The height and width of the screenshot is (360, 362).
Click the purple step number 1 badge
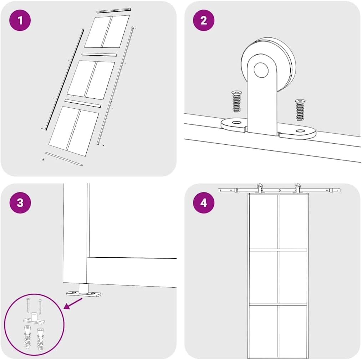(x=20, y=20)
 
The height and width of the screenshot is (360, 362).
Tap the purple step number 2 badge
(x=204, y=20)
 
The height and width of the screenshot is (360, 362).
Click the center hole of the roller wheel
(x=261, y=70)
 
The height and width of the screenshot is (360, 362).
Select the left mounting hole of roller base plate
(x=236, y=123)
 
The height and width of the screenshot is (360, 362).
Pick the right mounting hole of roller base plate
(x=301, y=132)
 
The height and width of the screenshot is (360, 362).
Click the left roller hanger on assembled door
(x=260, y=188)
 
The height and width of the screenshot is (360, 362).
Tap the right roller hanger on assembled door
(x=297, y=188)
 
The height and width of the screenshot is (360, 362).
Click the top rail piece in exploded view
(x=114, y=11)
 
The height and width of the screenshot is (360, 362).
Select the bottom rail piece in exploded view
(x=64, y=160)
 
